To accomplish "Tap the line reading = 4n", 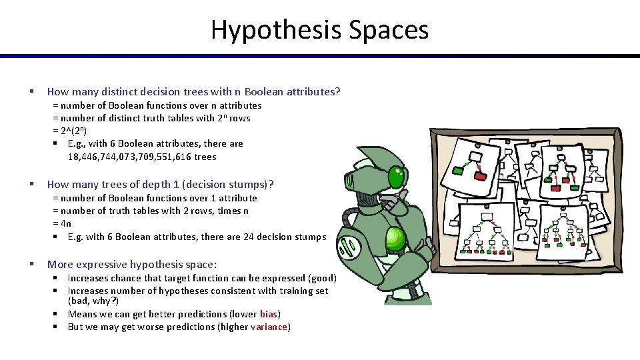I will tap(62, 223).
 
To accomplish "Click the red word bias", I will tap(269, 314).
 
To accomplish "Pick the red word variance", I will tap(269, 327).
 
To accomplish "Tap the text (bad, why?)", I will tap(93, 301).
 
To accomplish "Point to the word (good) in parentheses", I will tap(323, 278).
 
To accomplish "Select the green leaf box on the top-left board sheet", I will tap(458, 171).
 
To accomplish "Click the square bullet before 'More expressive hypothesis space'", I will tap(31, 265).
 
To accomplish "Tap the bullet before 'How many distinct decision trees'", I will tap(31, 91).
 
